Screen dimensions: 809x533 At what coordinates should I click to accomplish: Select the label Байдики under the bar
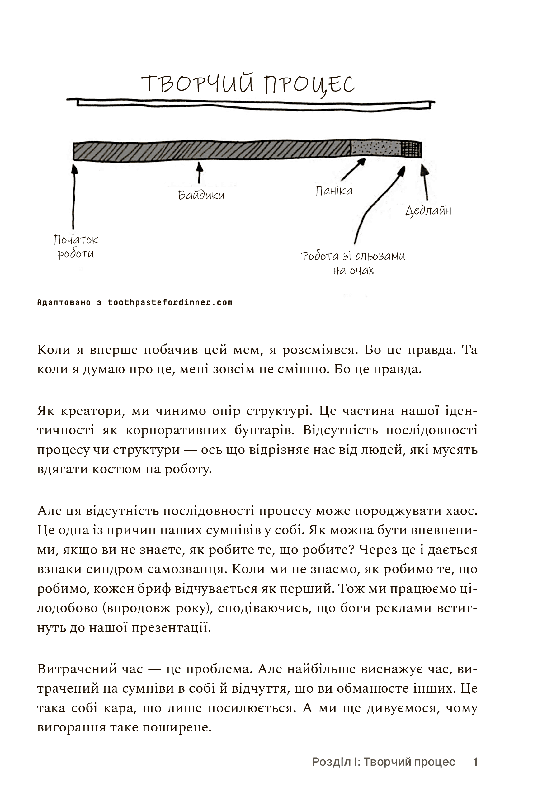coord(201,196)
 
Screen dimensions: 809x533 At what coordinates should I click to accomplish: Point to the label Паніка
coord(334,191)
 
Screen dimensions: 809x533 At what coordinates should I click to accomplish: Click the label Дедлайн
coord(428,211)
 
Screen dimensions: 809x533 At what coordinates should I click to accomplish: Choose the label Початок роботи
coord(76,247)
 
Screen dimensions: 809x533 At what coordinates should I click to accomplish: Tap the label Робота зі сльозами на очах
coord(353,263)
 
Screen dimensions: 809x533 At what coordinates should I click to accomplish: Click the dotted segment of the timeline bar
coord(375,149)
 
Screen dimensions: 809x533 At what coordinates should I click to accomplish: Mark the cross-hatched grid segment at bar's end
coord(411,149)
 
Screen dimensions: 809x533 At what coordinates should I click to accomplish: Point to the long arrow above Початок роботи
coord(74,197)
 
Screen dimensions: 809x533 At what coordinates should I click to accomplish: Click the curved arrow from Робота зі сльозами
coord(374,204)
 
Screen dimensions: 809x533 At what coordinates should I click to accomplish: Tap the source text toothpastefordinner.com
coord(170,303)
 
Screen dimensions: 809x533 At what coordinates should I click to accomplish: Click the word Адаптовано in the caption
coord(64,303)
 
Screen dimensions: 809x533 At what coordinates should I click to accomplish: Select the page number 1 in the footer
coord(475,762)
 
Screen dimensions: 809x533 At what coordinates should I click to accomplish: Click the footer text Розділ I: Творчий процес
coord(384,762)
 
